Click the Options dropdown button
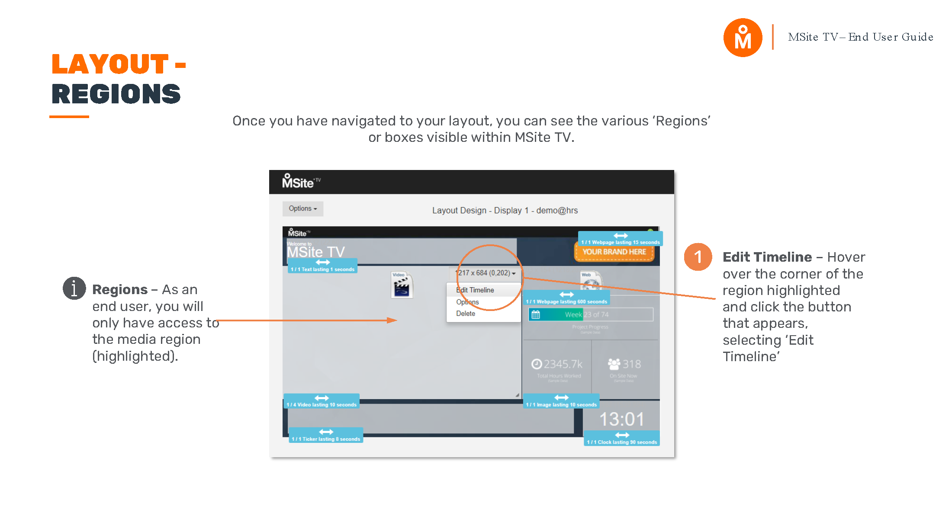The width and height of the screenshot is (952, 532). [x=302, y=208]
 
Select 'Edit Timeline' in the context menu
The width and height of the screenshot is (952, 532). [x=475, y=290]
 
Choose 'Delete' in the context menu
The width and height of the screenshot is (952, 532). [x=466, y=314]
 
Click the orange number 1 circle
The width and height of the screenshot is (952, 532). [x=698, y=257]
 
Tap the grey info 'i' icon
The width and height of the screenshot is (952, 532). [x=74, y=288]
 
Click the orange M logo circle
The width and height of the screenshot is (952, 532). [x=743, y=38]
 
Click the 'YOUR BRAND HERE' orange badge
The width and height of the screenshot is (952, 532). [x=614, y=252]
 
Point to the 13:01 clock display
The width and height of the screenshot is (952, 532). [x=621, y=419]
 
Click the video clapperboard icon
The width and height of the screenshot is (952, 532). [x=402, y=285]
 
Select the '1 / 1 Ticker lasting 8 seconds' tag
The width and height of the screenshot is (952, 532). [x=326, y=436]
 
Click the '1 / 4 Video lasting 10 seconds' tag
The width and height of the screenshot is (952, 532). [x=322, y=402]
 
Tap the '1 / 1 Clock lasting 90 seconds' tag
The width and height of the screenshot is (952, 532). [x=622, y=439]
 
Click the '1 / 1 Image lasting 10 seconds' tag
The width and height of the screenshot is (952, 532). [x=561, y=402]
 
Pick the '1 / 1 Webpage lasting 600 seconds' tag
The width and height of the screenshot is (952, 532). [x=566, y=298]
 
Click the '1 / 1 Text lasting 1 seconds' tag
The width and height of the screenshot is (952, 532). [x=322, y=266]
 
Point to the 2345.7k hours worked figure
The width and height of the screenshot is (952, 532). [x=557, y=364]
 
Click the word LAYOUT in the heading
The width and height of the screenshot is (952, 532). [x=110, y=64]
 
